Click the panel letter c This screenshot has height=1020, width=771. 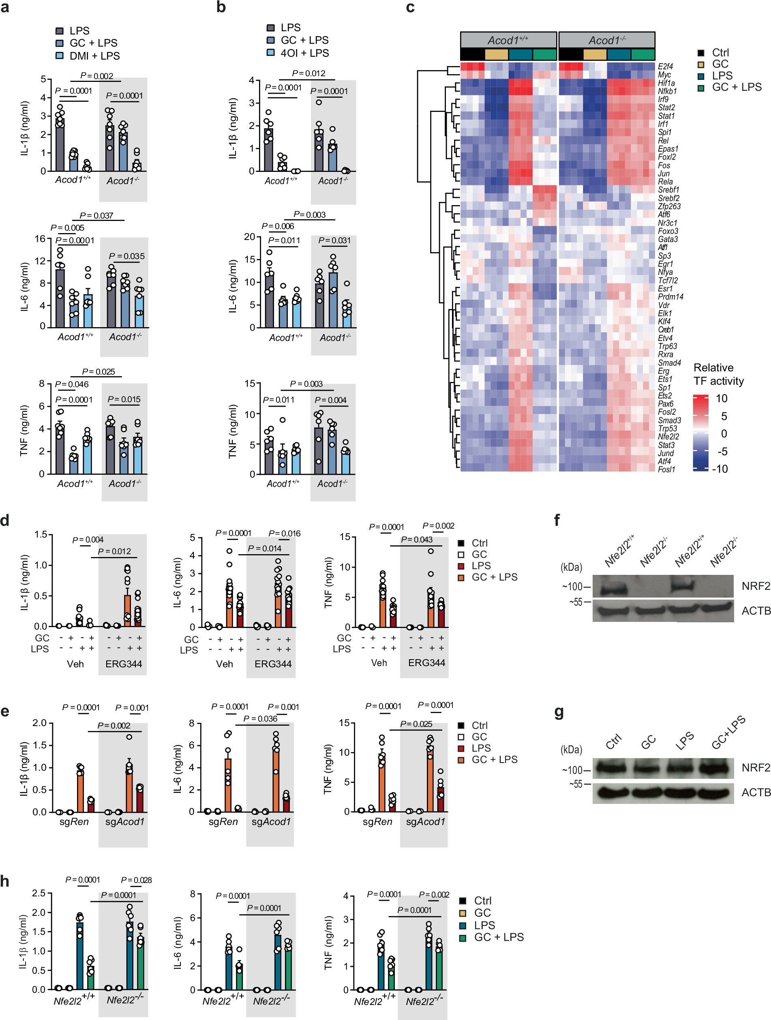410,8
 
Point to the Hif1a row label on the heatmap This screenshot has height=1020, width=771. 666,83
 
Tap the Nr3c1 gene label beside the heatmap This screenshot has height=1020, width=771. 667,223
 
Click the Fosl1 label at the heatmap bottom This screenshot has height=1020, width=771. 666,469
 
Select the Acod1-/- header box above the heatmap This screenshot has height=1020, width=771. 606,40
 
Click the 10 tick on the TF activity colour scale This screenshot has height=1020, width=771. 721,399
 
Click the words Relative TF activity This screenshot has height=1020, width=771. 718,374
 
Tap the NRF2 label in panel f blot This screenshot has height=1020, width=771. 755,586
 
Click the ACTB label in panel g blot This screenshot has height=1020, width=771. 756,792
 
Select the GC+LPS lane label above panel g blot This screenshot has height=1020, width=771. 728,733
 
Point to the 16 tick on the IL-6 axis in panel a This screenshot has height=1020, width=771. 40,239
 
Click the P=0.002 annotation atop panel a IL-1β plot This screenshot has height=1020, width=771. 96,76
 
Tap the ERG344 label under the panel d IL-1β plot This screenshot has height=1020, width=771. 124,664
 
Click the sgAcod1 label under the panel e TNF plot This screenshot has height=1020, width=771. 425,821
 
